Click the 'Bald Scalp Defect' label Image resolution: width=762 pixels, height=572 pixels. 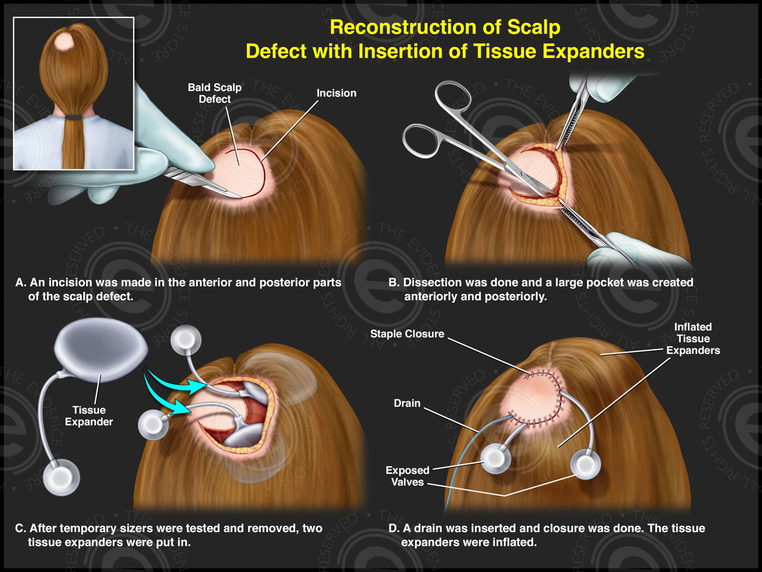click(214, 93)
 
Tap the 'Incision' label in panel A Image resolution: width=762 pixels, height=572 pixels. click(336, 93)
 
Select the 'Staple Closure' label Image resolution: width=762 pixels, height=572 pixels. click(407, 334)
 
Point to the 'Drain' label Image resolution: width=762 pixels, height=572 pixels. click(407, 403)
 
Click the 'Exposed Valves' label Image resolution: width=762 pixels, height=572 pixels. click(407, 476)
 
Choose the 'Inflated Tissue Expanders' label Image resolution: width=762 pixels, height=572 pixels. click(693, 339)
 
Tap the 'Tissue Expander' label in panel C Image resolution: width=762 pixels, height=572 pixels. click(89, 416)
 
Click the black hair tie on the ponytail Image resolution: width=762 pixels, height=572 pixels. click(74, 117)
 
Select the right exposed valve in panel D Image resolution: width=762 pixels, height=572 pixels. click(586, 464)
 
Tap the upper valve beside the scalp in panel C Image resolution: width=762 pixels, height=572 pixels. click(185, 340)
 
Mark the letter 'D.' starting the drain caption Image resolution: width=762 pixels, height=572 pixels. click(394, 528)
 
